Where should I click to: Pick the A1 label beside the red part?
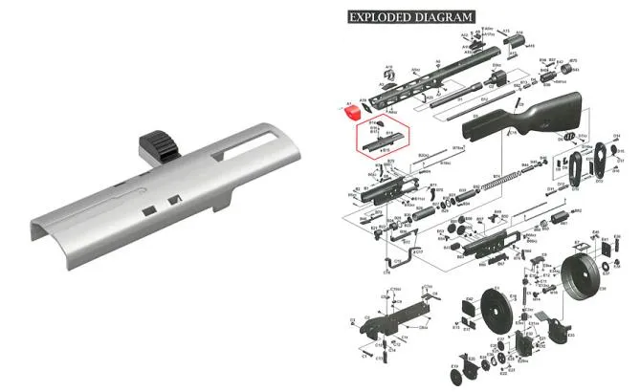(350, 101)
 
